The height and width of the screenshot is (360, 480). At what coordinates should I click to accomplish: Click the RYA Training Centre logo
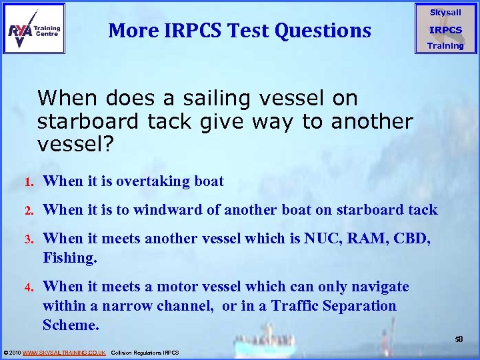(x=34, y=29)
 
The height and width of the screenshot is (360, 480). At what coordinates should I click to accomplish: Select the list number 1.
(x=29, y=182)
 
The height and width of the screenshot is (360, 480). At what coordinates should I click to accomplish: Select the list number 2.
(x=29, y=211)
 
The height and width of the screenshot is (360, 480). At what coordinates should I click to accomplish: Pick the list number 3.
(x=29, y=239)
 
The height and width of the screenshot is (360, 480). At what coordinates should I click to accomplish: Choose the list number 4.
(x=29, y=287)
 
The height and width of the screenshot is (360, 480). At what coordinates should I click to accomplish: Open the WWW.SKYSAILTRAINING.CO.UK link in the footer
(x=64, y=352)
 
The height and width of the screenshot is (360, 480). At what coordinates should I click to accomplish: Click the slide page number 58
(x=459, y=339)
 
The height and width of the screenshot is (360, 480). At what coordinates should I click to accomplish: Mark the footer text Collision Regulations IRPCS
(x=145, y=352)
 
